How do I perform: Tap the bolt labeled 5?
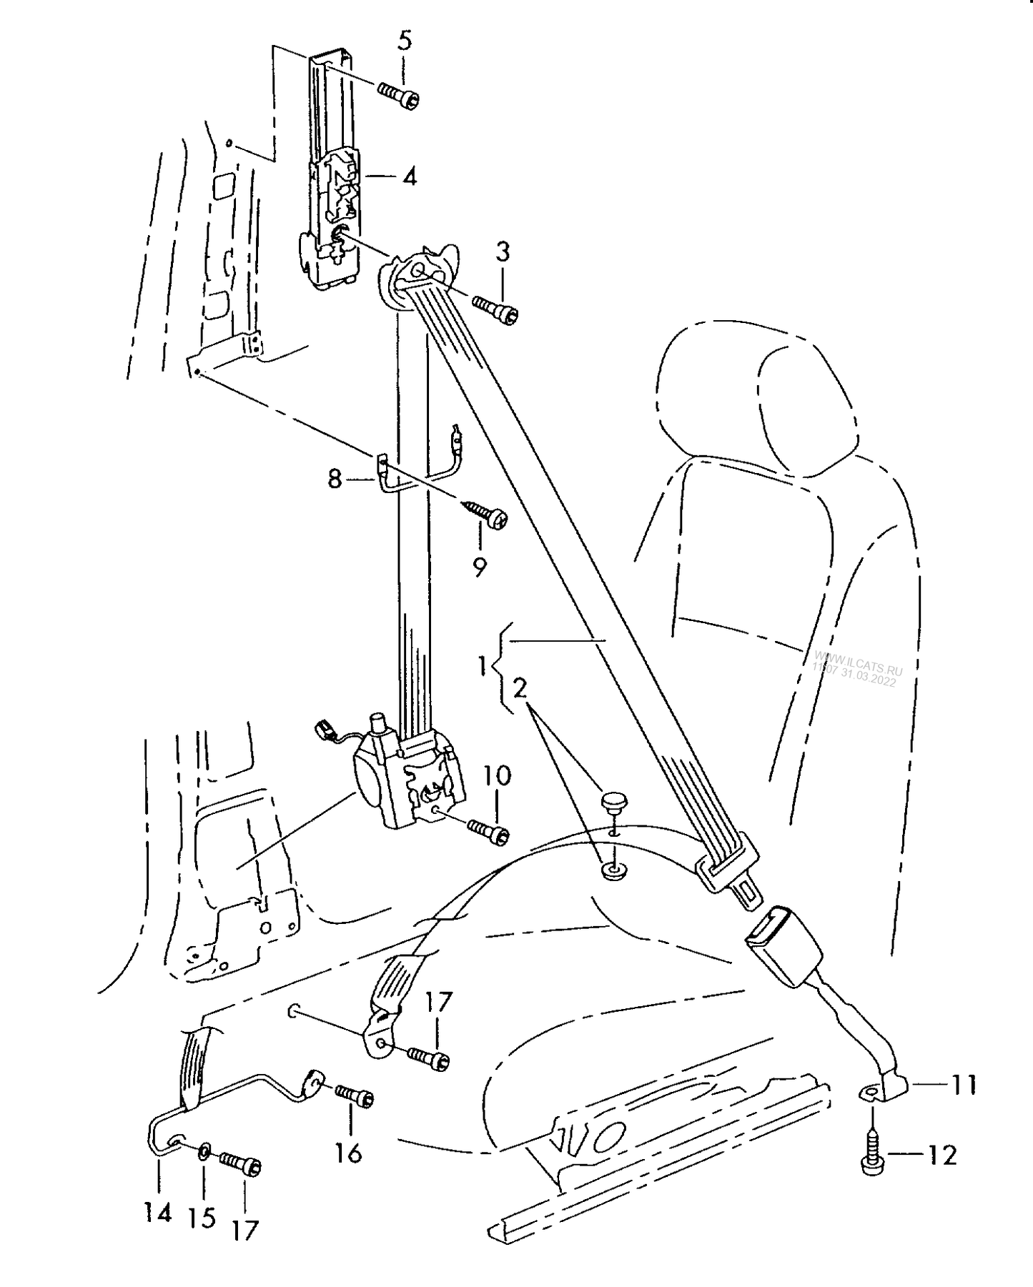click(399, 96)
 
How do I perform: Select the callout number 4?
click(409, 176)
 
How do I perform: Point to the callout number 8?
click(335, 479)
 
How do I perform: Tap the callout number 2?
click(520, 688)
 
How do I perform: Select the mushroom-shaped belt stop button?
click(612, 801)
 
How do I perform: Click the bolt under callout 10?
click(489, 829)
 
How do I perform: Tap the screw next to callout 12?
click(872, 1154)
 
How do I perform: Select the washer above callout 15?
click(204, 1149)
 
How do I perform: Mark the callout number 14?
click(158, 1211)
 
